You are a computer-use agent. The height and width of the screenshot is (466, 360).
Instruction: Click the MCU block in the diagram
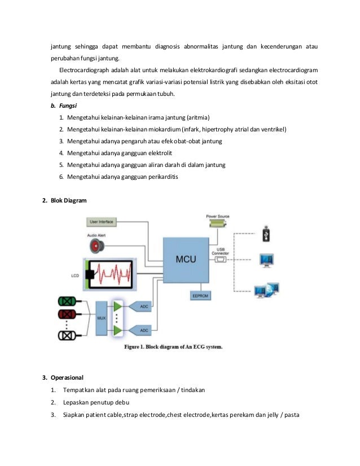(186, 260)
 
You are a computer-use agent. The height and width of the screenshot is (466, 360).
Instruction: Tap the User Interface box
(102, 222)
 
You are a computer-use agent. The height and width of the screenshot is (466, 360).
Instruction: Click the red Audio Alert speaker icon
(95, 245)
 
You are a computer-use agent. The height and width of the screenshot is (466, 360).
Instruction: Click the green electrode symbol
(67, 300)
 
